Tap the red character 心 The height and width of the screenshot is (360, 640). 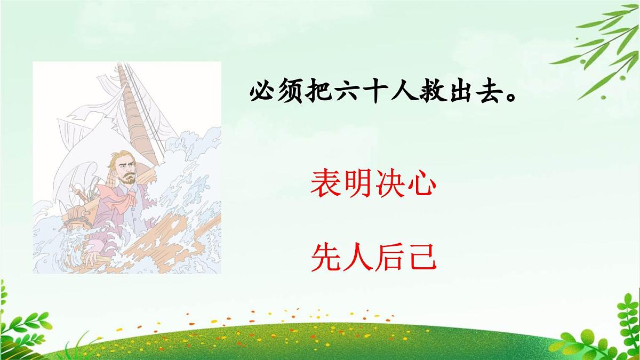pos(422,185)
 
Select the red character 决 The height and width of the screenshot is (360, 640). pos(390,185)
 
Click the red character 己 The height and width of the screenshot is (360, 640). pos(422,257)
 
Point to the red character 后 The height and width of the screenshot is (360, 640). pos(390,257)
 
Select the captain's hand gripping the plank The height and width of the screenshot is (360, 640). pos(92,258)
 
